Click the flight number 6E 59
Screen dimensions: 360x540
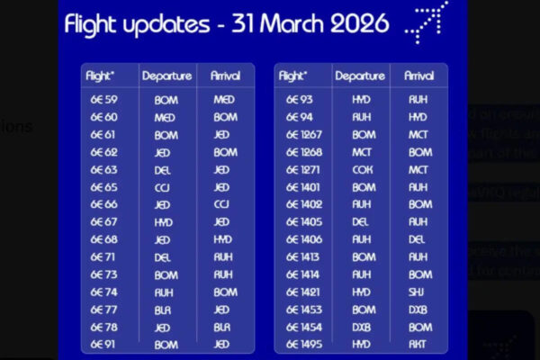pos(103,100)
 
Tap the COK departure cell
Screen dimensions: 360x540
pos(362,169)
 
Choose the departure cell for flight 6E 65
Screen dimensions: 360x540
pos(163,187)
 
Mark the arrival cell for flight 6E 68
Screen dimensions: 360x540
pos(223,239)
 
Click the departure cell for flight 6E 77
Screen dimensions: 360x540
pos(163,310)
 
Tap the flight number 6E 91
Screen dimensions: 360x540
pos(103,345)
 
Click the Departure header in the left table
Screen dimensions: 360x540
pos(166,76)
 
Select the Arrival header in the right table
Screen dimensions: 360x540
pos(419,76)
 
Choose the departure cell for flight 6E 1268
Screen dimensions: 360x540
pos(362,152)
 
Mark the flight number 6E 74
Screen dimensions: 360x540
pos(103,292)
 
